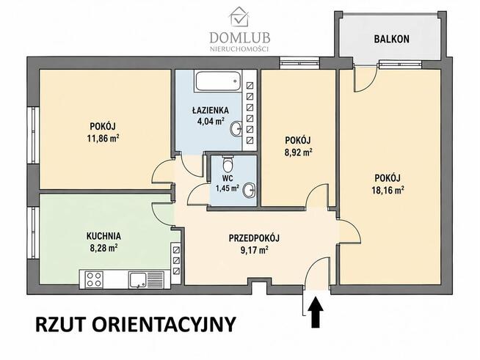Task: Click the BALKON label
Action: click(x=391, y=39)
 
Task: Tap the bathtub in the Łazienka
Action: click(x=218, y=81)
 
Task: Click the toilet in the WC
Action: click(x=228, y=164)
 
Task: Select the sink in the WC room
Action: click(x=249, y=191)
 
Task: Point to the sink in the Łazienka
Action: click(x=236, y=129)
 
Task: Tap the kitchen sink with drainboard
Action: click(x=146, y=279)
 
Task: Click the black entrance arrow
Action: click(x=316, y=313)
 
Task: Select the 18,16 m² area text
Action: click(x=388, y=191)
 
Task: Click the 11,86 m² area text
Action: click(x=103, y=139)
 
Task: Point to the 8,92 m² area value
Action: click(x=299, y=153)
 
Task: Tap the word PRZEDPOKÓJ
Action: click(x=255, y=238)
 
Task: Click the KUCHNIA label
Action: click(x=103, y=236)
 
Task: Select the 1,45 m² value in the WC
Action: click(x=228, y=188)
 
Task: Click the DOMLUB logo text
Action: click(x=240, y=38)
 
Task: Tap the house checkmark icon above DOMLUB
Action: click(x=239, y=17)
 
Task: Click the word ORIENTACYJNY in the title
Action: click(x=164, y=325)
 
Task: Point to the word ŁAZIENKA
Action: click(x=211, y=111)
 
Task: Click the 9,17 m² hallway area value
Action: click(x=255, y=251)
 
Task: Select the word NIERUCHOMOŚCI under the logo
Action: click(x=239, y=49)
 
